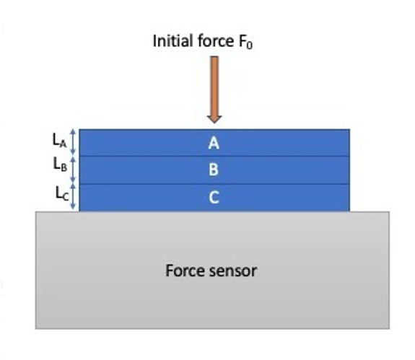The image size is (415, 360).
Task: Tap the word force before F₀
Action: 216,41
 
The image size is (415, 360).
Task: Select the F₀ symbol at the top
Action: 245,42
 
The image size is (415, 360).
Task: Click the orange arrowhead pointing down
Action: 214,119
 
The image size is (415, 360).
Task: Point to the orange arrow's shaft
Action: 214,86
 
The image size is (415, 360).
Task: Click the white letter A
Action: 214,143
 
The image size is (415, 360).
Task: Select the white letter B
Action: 214,170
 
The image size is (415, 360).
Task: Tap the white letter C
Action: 214,198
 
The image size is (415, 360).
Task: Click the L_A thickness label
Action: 60,140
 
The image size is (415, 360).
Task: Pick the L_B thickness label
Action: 60,164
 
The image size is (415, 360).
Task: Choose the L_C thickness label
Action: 62,193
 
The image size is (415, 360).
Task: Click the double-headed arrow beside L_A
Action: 74,142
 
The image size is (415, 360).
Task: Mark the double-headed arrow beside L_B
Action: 74,170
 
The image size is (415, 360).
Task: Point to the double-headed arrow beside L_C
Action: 74,197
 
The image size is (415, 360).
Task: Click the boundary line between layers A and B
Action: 214,157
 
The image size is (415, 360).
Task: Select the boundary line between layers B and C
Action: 214,184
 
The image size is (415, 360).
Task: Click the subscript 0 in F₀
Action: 249,45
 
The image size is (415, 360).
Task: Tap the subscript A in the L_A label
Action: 63,144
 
